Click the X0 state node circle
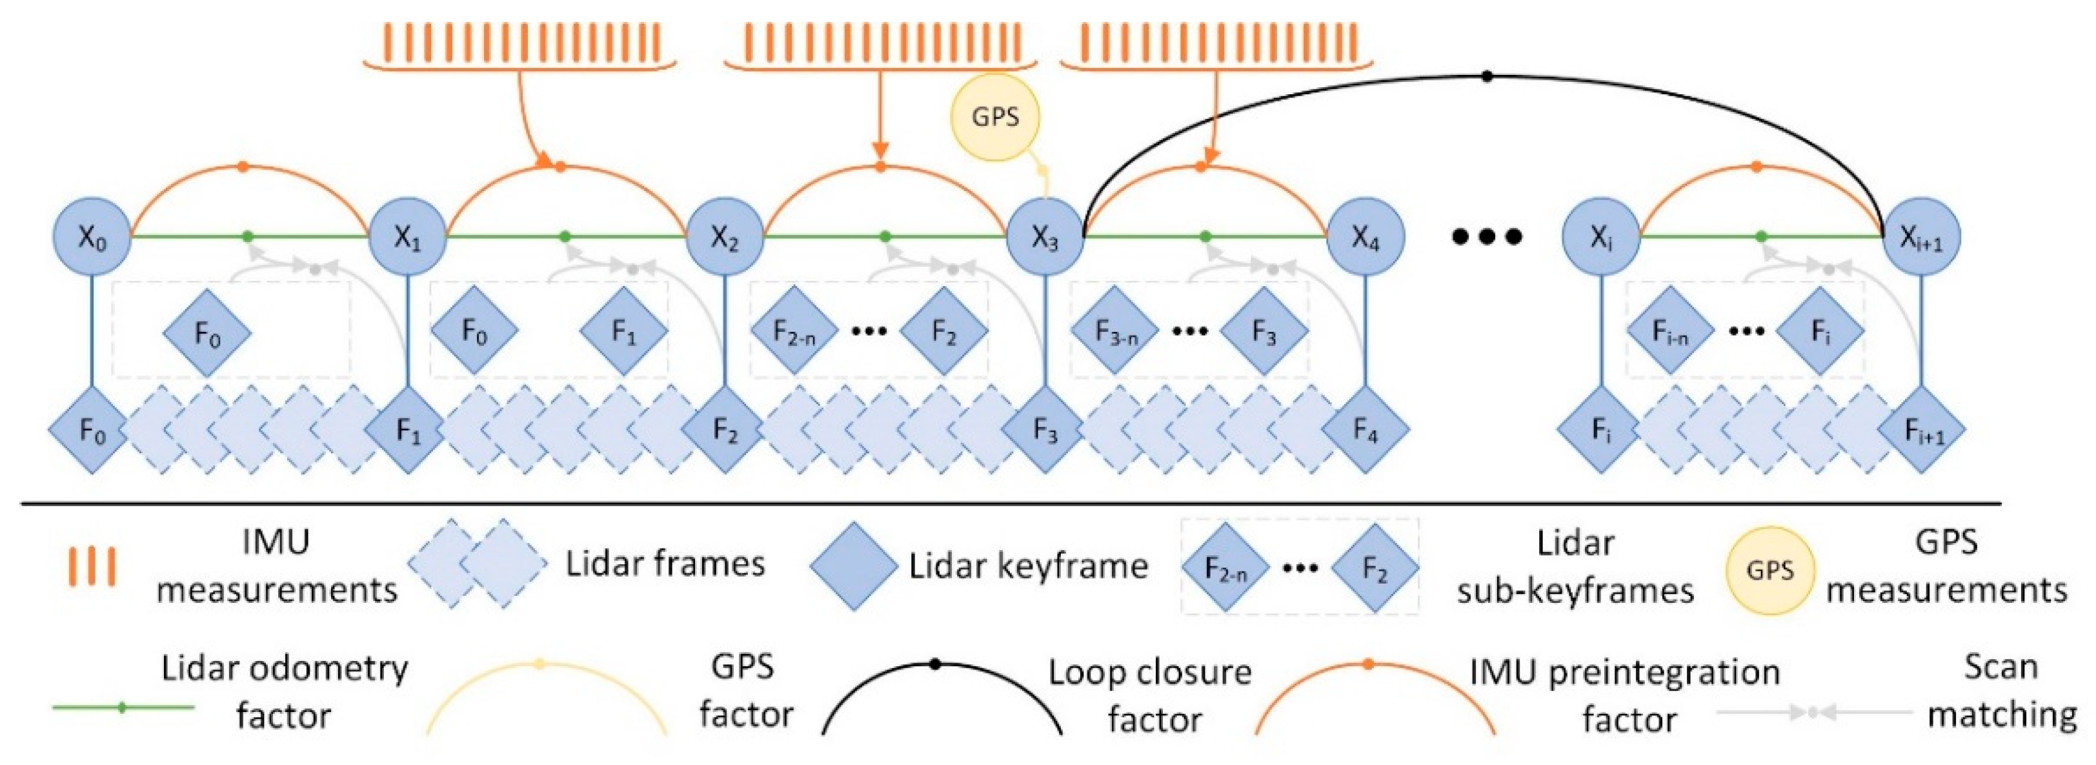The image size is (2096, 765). tap(92, 237)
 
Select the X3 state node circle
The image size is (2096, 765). tap(1045, 237)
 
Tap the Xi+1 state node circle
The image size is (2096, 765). tap(1921, 237)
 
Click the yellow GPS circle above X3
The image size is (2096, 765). tap(995, 116)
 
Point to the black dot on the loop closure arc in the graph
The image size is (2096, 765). tap(1487, 76)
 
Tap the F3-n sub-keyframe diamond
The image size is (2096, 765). tap(1114, 331)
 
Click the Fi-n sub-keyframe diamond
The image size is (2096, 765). tap(1669, 331)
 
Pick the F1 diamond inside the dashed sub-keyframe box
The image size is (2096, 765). tap(623, 331)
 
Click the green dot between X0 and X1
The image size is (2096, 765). tap(248, 237)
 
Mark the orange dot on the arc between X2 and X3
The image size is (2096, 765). tap(880, 167)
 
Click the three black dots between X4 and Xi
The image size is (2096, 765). tap(1487, 237)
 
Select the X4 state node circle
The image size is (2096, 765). tap(1365, 237)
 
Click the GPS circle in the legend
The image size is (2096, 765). tap(1769, 569)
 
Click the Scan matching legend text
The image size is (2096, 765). tap(2002, 692)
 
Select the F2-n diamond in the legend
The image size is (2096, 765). tap(1225, 569)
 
